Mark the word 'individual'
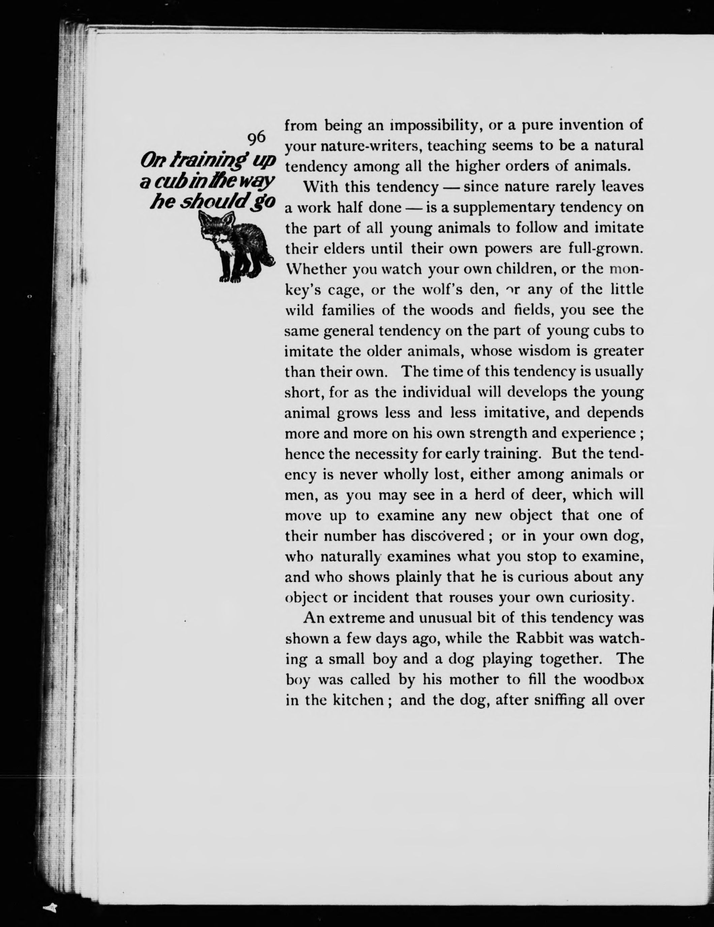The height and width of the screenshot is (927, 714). (x=437, y=392)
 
